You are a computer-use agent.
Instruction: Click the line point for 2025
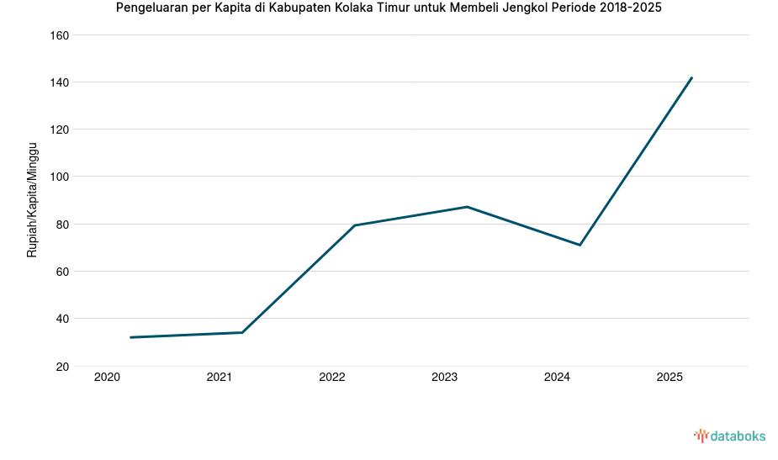point(691,77)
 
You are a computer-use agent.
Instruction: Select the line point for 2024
point(580,245)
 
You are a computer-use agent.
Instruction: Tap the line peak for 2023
point(467,207)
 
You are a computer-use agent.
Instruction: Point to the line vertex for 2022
point(355,225)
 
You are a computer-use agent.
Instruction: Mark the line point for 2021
point(242,332)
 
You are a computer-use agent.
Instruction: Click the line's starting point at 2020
point(130,337)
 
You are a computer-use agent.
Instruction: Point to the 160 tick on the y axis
point(59,35)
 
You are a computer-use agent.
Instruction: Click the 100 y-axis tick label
point(59,177)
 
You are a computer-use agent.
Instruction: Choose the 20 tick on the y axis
point(62,366)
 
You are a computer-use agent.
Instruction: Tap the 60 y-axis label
point(62,272)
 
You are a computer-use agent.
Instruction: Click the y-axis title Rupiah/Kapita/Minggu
point(33,200)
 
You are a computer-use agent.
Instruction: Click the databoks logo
point(729,436)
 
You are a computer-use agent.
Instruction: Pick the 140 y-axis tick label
point(59,82)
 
